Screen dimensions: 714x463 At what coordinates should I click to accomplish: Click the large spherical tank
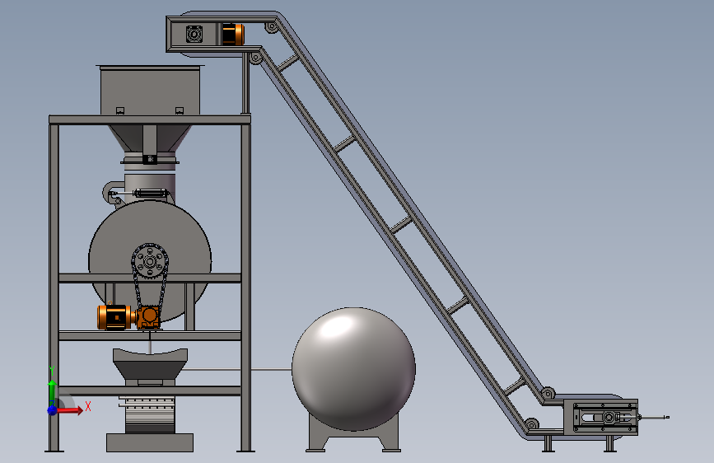(x=353, y=369)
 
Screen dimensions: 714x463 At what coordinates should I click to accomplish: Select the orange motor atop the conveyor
(x=233, y=34)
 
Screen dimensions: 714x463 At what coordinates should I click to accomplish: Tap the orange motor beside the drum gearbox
(x=115, y=316)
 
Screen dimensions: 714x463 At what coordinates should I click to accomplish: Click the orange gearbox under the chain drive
(x=148, y=317)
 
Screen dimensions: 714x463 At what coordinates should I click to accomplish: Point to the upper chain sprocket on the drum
(x=150, y=261)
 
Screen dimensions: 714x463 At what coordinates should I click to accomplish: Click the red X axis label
(x=88, y=406)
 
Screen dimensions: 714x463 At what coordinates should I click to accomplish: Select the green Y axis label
(x=52, y=370)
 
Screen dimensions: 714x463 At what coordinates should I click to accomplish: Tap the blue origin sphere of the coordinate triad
(x=53, y=410)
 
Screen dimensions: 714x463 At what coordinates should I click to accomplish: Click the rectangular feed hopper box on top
(x=150, y=91)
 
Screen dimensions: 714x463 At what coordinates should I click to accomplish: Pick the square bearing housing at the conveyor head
(x=194, y=34)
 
